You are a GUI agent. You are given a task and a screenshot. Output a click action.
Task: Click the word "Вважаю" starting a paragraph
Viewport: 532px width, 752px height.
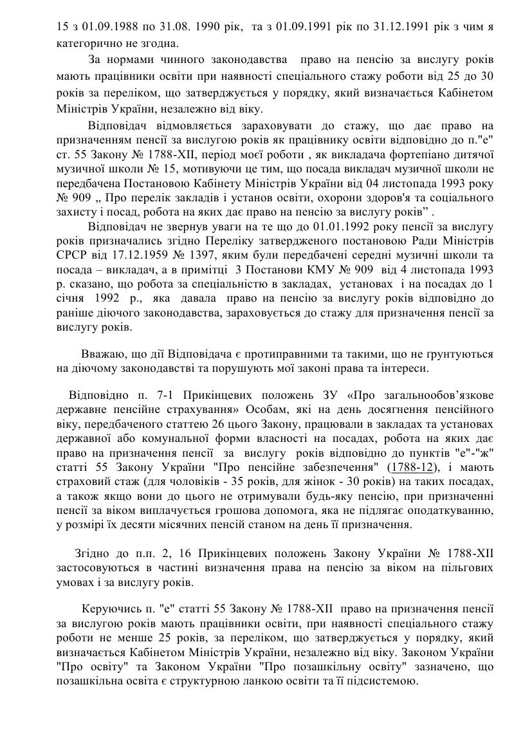(x=102, y=354)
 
